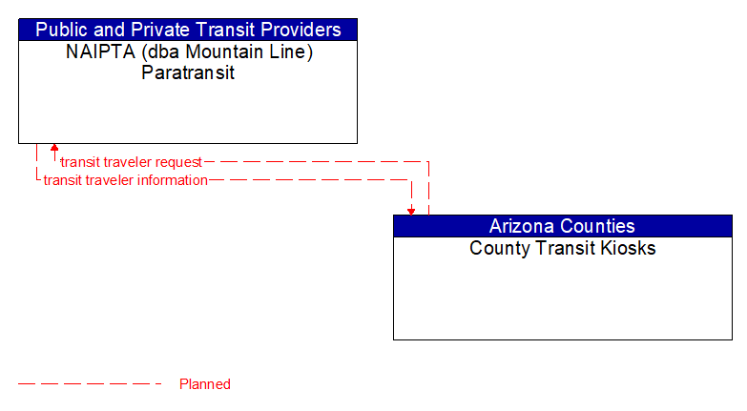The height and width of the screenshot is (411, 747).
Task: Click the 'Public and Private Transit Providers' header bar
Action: coord(188,30)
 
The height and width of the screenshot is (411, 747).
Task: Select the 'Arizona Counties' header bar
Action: coord(562,226)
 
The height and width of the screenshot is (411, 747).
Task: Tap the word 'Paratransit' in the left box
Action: coord(188,72)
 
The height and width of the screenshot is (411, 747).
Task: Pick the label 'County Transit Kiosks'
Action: coord(562,249)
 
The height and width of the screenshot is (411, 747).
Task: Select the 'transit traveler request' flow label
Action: coord(131,162)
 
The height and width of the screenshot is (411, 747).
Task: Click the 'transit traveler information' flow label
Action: coord(125,180)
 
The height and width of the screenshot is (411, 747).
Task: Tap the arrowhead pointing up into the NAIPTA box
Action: coord(54,149)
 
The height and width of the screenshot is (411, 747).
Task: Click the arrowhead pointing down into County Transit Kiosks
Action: coord(411,211)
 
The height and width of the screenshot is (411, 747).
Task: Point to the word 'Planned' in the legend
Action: coord(205,384)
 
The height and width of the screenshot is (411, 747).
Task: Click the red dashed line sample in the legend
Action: coord(91,384)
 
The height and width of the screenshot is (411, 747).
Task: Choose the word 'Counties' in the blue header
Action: coord(597,226)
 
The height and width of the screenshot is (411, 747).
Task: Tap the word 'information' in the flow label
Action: coord(172,180)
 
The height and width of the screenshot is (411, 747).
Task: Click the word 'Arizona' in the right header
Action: coord(522,226)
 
